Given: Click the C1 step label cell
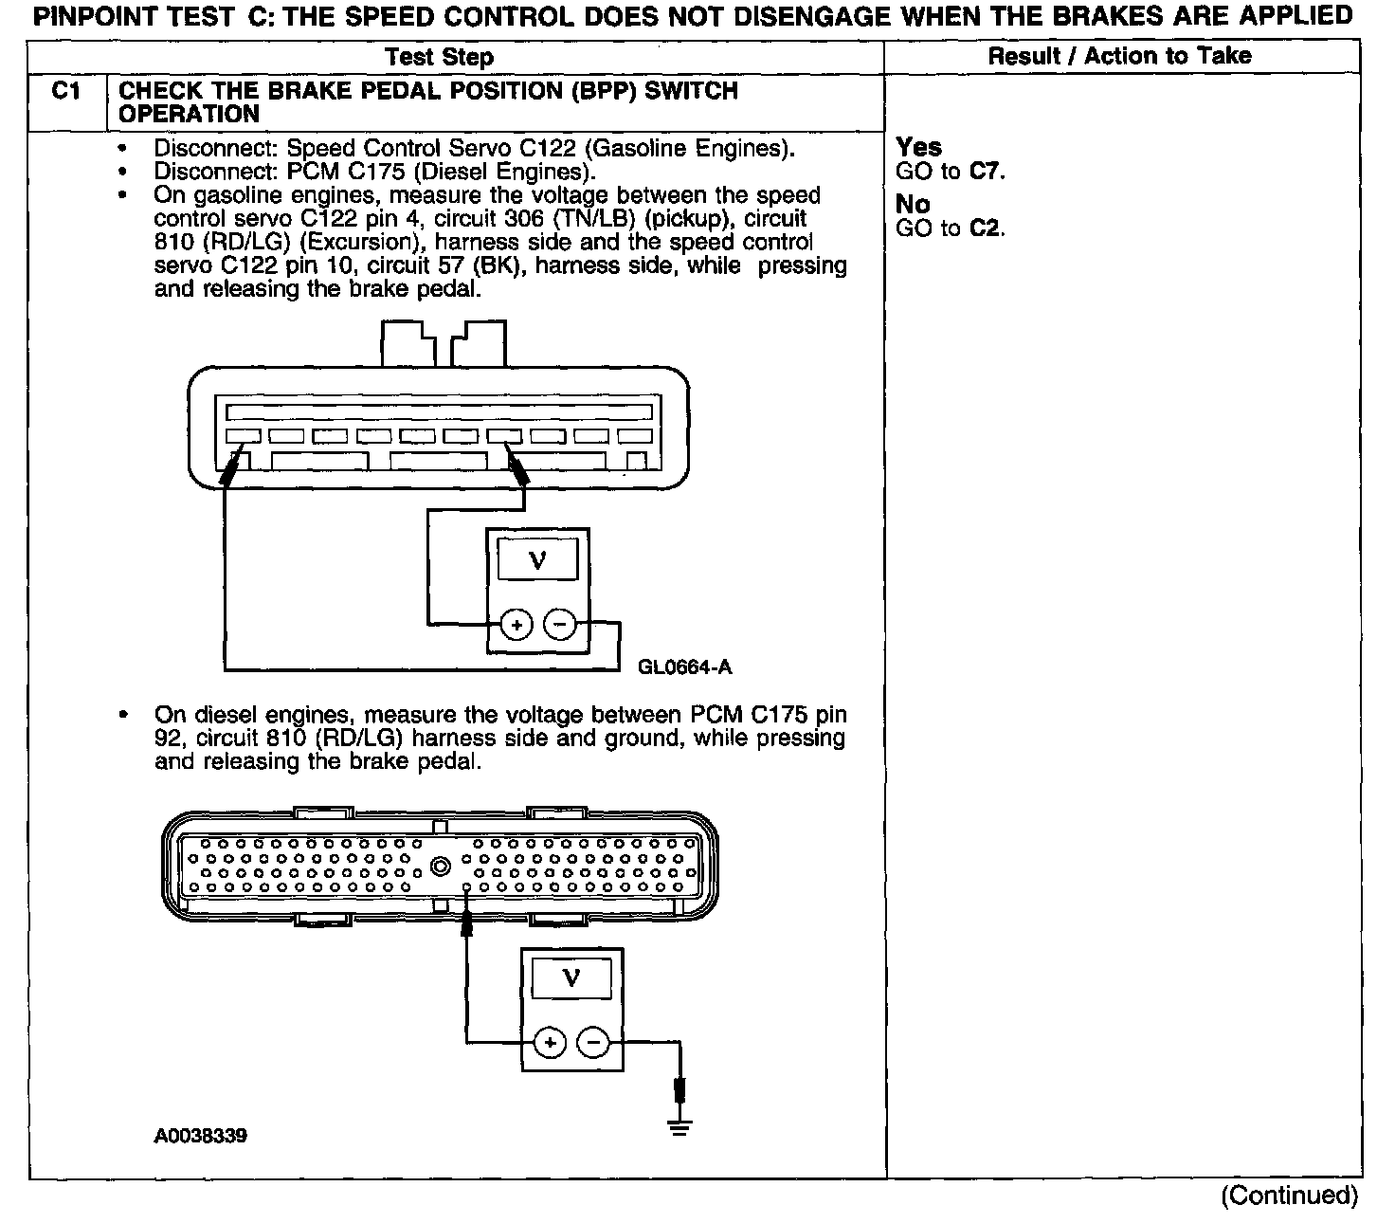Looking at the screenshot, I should [x=65, y=92].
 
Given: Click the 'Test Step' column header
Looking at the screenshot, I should [x=440, y=58].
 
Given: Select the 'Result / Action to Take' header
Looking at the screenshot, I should [x=1119, y=56].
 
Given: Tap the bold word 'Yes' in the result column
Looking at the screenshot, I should [x=918, y=148].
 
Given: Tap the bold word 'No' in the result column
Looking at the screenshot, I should [x=913, y=205].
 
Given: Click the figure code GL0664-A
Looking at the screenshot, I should [x=684, y=666].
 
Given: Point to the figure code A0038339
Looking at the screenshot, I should [x=201, y=1135].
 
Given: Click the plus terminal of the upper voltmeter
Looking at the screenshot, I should [x=516, y=625].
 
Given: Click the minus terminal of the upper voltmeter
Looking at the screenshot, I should [x=560, y=625].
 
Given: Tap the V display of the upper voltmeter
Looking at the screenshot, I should [x=537, y=559].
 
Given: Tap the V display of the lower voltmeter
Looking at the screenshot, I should [x=571, y=977].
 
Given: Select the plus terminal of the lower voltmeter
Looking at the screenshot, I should [x=550, y=1043].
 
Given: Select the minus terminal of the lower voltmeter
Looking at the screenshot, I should [x=593, y=1043].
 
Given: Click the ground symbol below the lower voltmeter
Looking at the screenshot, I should [x=679, y=1126].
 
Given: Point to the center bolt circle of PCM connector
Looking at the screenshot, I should [x=440, y=867].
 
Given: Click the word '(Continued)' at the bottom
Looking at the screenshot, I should [x=1289, y=1196].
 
